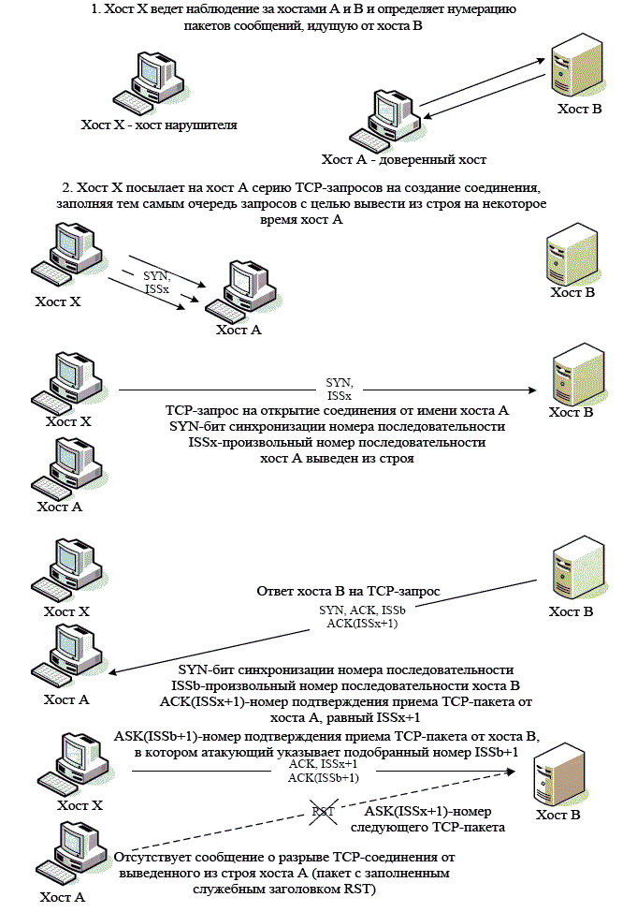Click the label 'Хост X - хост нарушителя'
(159, 125)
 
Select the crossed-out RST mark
(325, 812)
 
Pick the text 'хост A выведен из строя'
(337, 459)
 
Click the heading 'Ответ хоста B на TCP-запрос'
(348, 592)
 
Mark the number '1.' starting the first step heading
(94, 8)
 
